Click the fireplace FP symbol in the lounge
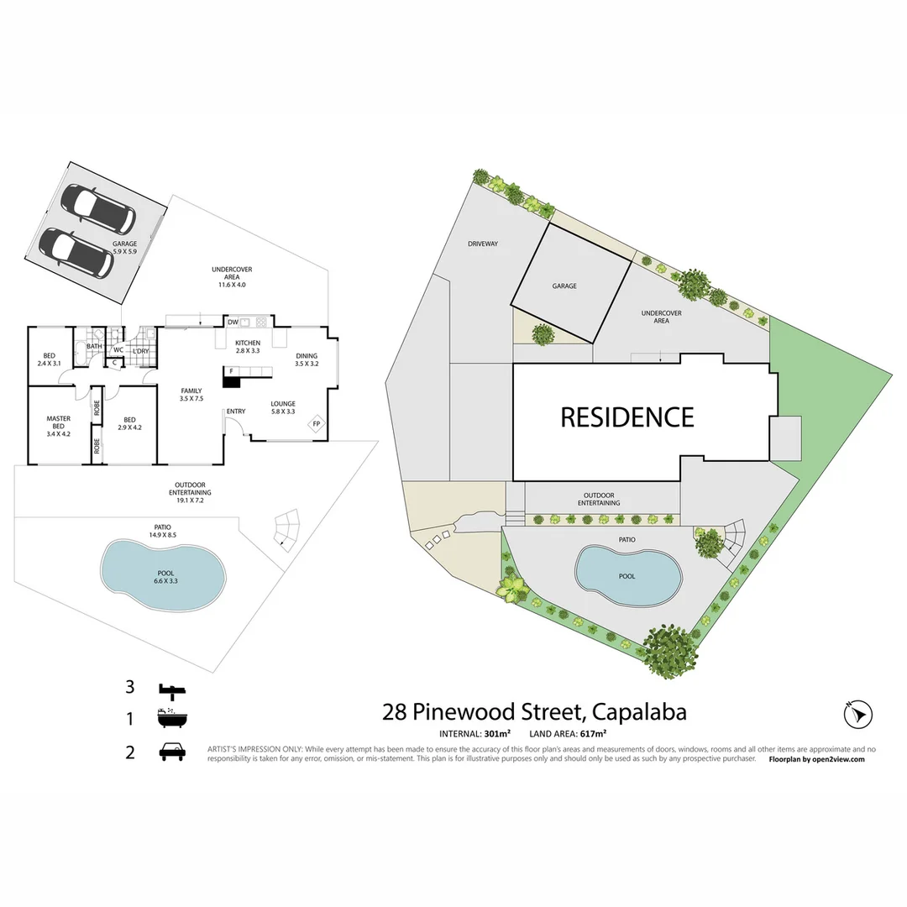tap(317, 423)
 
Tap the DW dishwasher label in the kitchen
tap(233, 322)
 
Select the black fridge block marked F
tap(231, 378)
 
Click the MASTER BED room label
tap(58, 422)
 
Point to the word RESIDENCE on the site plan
tap(627, 417)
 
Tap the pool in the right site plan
tap(627, 576)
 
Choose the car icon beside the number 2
tap(172, 750)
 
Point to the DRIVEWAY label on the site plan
tap(484, 244)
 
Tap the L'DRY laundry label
tap(141, 350)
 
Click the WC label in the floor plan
tap(118, 350)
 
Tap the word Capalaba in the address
tap(639, 712)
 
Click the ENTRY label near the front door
tap(235, 411)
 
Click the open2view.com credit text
tap(836, 759)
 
